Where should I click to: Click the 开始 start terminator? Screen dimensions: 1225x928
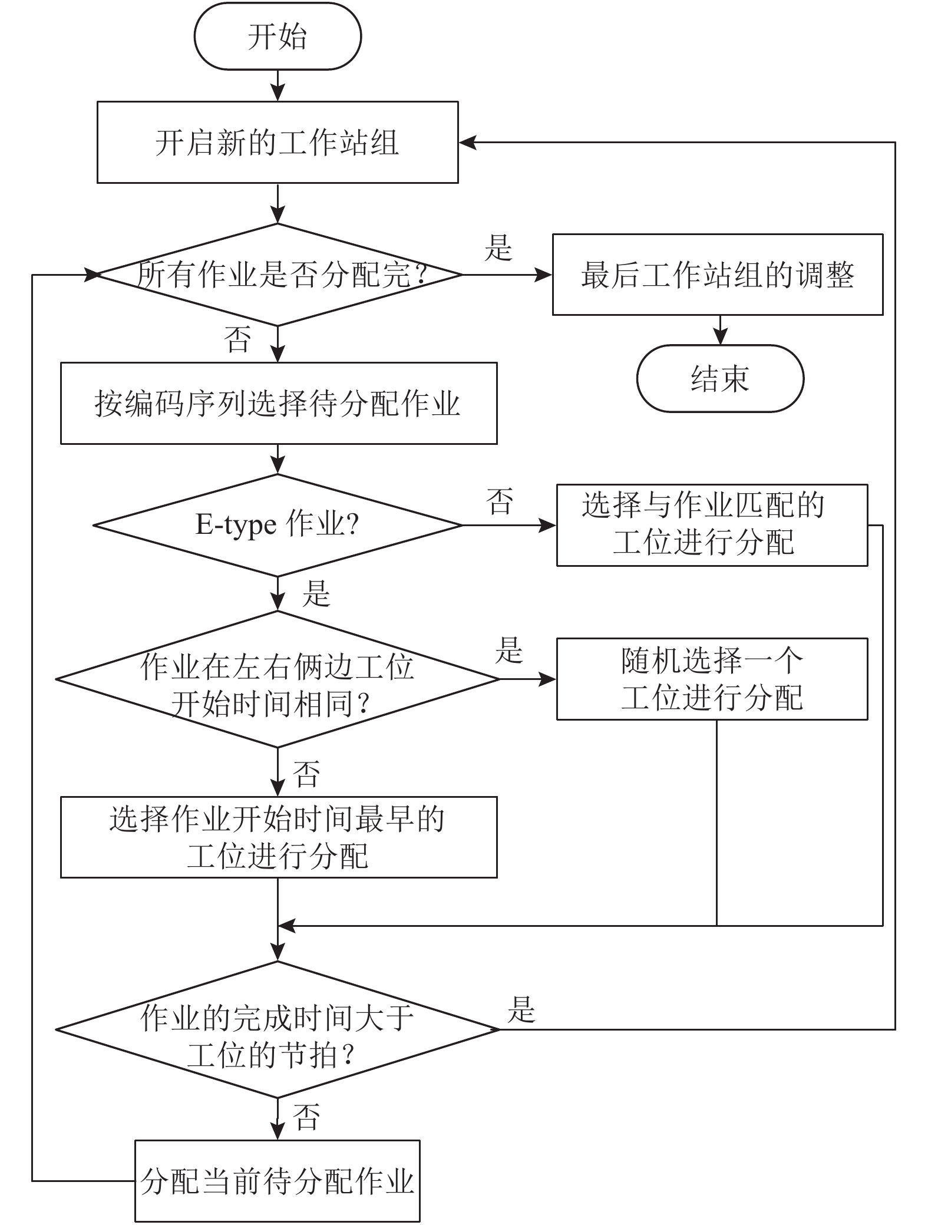point(277,37)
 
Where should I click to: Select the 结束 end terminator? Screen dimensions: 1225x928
point(719,378)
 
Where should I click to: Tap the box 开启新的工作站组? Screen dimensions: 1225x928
point(277,142)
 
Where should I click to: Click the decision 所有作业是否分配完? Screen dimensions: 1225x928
point(278,275)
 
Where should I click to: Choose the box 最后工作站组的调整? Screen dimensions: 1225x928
point(717,275)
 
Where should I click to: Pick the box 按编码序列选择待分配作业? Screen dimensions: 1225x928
point(278,404)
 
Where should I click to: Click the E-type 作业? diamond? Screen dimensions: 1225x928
point(278,525)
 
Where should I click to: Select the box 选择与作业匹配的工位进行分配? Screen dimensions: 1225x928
point(712,525)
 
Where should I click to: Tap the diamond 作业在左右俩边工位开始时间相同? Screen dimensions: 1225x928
point(278,679)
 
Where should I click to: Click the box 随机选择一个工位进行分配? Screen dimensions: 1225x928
point(712,679)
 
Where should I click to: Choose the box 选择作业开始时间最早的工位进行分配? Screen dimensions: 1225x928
point(278,837)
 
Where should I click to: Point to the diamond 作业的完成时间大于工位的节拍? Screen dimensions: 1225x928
point(278,1030)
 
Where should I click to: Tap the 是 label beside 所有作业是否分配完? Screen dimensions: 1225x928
point(498,248)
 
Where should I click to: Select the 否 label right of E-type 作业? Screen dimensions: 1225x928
point(500,501)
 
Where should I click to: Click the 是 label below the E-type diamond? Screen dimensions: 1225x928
point(316,594)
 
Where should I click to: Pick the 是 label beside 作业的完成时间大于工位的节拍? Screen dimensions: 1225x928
point(521,1009)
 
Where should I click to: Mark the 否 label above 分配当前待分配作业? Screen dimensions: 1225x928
point(306,1117)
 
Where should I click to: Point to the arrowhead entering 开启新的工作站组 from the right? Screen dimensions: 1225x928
point(467,143)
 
